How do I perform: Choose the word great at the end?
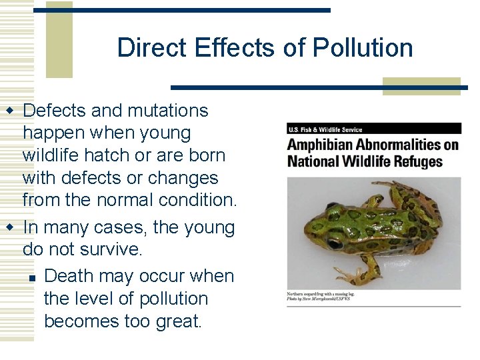click(x=176, y=321)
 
